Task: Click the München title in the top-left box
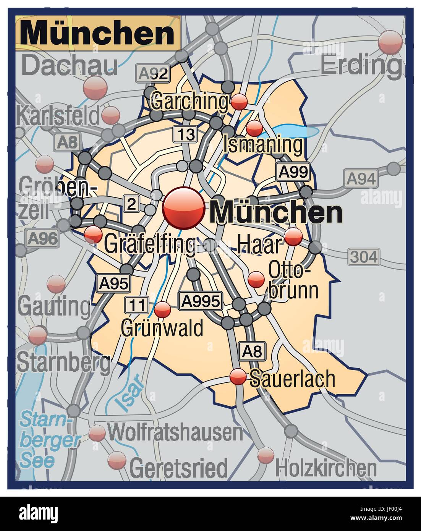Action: tap(97, 33)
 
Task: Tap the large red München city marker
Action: tap(183, 208)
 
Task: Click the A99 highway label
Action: tap(293, 172)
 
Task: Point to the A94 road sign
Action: tap(361, 178)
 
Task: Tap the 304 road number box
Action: tap(363, 257)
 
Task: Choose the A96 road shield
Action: tap(43, 239)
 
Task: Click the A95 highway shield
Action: tap(113, 283)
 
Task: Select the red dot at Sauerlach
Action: tap(238, 377)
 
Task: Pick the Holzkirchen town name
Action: tap(326, 467)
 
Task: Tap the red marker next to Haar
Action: tap(294, 237)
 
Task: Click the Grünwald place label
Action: tap(162, 328)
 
